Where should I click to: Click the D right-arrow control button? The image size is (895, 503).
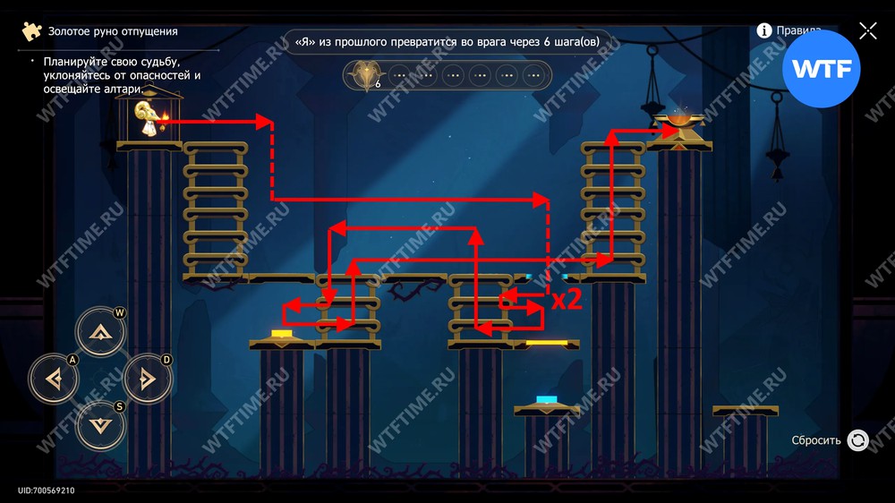click(147, 379)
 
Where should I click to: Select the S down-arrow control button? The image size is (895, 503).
click(100, 425)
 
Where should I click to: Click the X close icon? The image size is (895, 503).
click(867, 31)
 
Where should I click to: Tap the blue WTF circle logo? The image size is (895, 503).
click(821, 69)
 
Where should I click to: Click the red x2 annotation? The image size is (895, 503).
click(567, 300)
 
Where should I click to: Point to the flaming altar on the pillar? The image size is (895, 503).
click(679, 123)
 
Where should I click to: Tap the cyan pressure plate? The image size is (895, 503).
click(547, 400)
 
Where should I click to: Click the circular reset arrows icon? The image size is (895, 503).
click(857, 440)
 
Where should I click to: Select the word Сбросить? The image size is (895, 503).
click(816, 440)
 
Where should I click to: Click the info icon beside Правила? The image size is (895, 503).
click(764, 30)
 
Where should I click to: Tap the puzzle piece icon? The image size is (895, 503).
click(32, 31)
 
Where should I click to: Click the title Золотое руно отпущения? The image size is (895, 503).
click(113, 31)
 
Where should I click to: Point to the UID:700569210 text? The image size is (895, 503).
click(46, 490)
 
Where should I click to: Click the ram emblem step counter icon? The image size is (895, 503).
click(364, 75)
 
